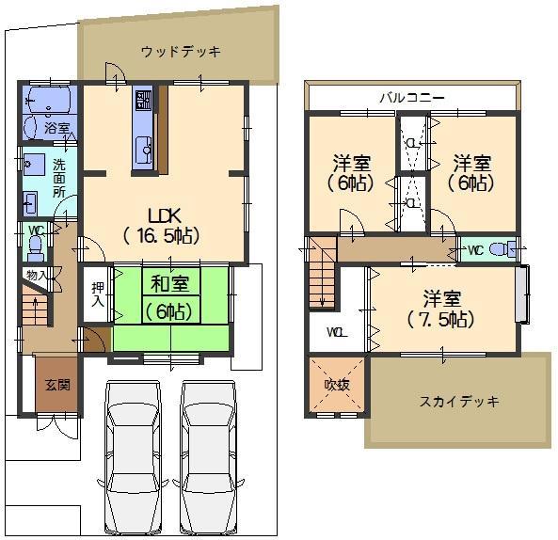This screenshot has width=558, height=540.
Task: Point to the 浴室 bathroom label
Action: pyautogui.click(x=56, y=127)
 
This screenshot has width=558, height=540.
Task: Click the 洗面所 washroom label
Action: pyautogui.click(x=59, y=177)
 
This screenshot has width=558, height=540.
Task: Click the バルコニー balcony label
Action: pyautogui.click(x=412, y=97)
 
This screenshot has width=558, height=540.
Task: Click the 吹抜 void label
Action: pyautogui.click(x=336, y=386)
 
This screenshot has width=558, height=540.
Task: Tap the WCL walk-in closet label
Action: pyautogui.click(x=336, y=332)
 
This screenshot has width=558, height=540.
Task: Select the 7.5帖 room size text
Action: pyautogui.click(x=441, y=320)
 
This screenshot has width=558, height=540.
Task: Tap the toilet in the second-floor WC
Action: pyautogui.click(x=504, y=249)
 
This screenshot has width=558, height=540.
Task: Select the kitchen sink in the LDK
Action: pyautogui.click(x=144, y=149)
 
